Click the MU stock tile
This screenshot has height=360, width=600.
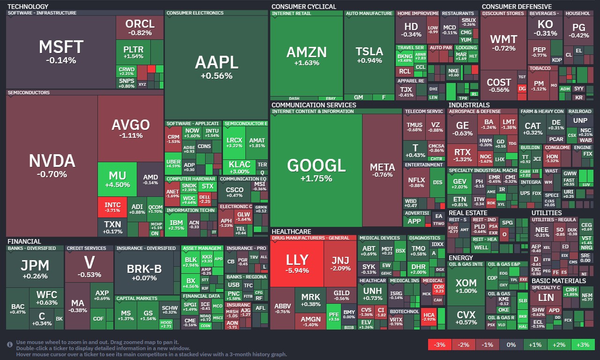[x=117, y=179]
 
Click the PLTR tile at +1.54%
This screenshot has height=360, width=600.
[x=133, y=52]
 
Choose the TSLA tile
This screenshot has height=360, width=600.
[x=369, y=55]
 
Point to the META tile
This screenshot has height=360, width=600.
[x=382, y=170]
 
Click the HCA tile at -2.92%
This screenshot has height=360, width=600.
[x=428, y=315]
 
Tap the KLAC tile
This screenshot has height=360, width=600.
[x=239, y=167]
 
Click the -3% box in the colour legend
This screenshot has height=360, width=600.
[x=439, y=345]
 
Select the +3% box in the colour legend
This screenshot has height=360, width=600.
[x=582, y=345]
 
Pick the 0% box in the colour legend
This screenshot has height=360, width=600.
[x=511, y=345]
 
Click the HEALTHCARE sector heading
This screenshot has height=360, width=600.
[x=291, y=232]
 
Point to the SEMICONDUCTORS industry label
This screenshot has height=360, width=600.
[x=28, y=93]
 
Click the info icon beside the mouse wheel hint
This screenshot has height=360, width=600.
[x=10, y=345]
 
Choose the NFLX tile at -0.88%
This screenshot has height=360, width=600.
[x=416, y=182]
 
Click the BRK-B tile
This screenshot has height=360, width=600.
[x=144, y=272]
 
